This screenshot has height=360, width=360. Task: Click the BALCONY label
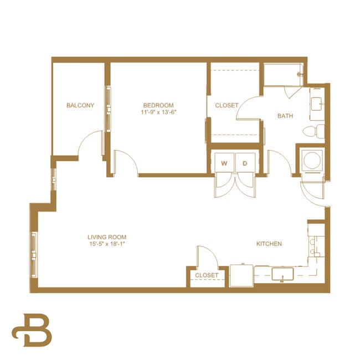coord(80,105)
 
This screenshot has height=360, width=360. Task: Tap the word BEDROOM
coord(158,105)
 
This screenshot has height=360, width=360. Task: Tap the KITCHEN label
coord(269,244)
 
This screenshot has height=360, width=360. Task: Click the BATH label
coord(285,116)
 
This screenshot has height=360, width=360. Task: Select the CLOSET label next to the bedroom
coord(227,105)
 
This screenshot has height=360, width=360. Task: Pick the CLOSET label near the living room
coord(206,275)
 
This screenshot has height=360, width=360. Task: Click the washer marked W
coord(224,163)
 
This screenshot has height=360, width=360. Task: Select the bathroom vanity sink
coord(316,104)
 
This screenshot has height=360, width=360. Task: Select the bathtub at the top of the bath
coord(283,75)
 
